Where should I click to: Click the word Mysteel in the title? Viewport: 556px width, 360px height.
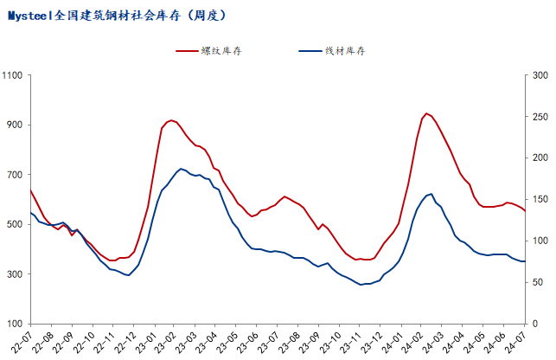click(x=29, y=16)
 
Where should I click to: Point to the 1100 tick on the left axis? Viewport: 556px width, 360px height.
click(x=13, y=75)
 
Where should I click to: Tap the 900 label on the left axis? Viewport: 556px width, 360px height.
click(x=16, y=125)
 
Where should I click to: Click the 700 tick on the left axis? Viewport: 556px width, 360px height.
click(x=16, y=175)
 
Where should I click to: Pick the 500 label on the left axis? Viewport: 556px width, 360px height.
click(x=16, y=224)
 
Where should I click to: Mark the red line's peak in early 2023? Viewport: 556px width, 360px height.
click(x=171, y=120)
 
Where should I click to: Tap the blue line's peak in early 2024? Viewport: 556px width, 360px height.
click(x=431, y=194)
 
